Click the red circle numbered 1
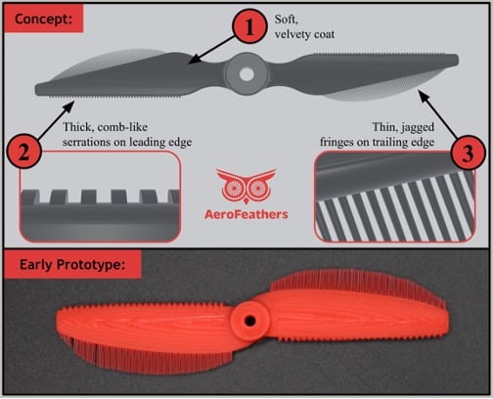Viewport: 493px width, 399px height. [x=249, y=26]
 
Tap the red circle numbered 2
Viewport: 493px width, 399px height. [x=24, y=153]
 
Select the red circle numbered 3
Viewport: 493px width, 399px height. [x=468, y=153]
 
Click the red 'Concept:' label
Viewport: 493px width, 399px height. [x=43, y=19]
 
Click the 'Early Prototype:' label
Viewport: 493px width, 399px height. [x=72, y=264]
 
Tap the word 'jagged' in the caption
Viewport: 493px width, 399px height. [x=418, y=127]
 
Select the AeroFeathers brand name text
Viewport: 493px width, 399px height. [x=246, y=214]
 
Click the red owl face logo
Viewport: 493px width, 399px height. [x=246, y=187]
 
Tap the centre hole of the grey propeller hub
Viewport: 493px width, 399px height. [x=246, y=74]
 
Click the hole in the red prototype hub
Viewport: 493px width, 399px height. [x=250, y=321]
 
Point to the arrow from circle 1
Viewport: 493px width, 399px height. [x=211, y=50]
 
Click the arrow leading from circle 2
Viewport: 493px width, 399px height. [x=56, y=120]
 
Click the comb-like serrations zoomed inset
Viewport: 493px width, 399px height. [x=100, y=197]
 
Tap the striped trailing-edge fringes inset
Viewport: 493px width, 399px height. [x=395, y=198]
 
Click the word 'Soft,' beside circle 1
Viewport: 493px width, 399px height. [x=287, y=20]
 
